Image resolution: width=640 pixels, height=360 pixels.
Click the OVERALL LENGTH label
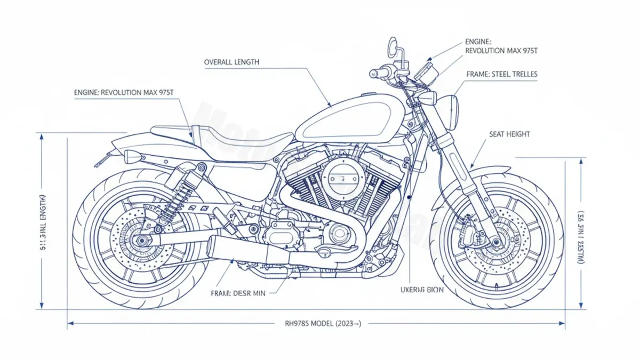(x=231, y=62)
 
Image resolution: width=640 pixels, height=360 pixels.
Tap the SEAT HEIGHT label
(x=509, y=134)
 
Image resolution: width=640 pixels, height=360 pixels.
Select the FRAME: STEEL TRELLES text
(x=501, y=75)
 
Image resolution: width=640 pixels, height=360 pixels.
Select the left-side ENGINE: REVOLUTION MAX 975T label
(x=124, y=93)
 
